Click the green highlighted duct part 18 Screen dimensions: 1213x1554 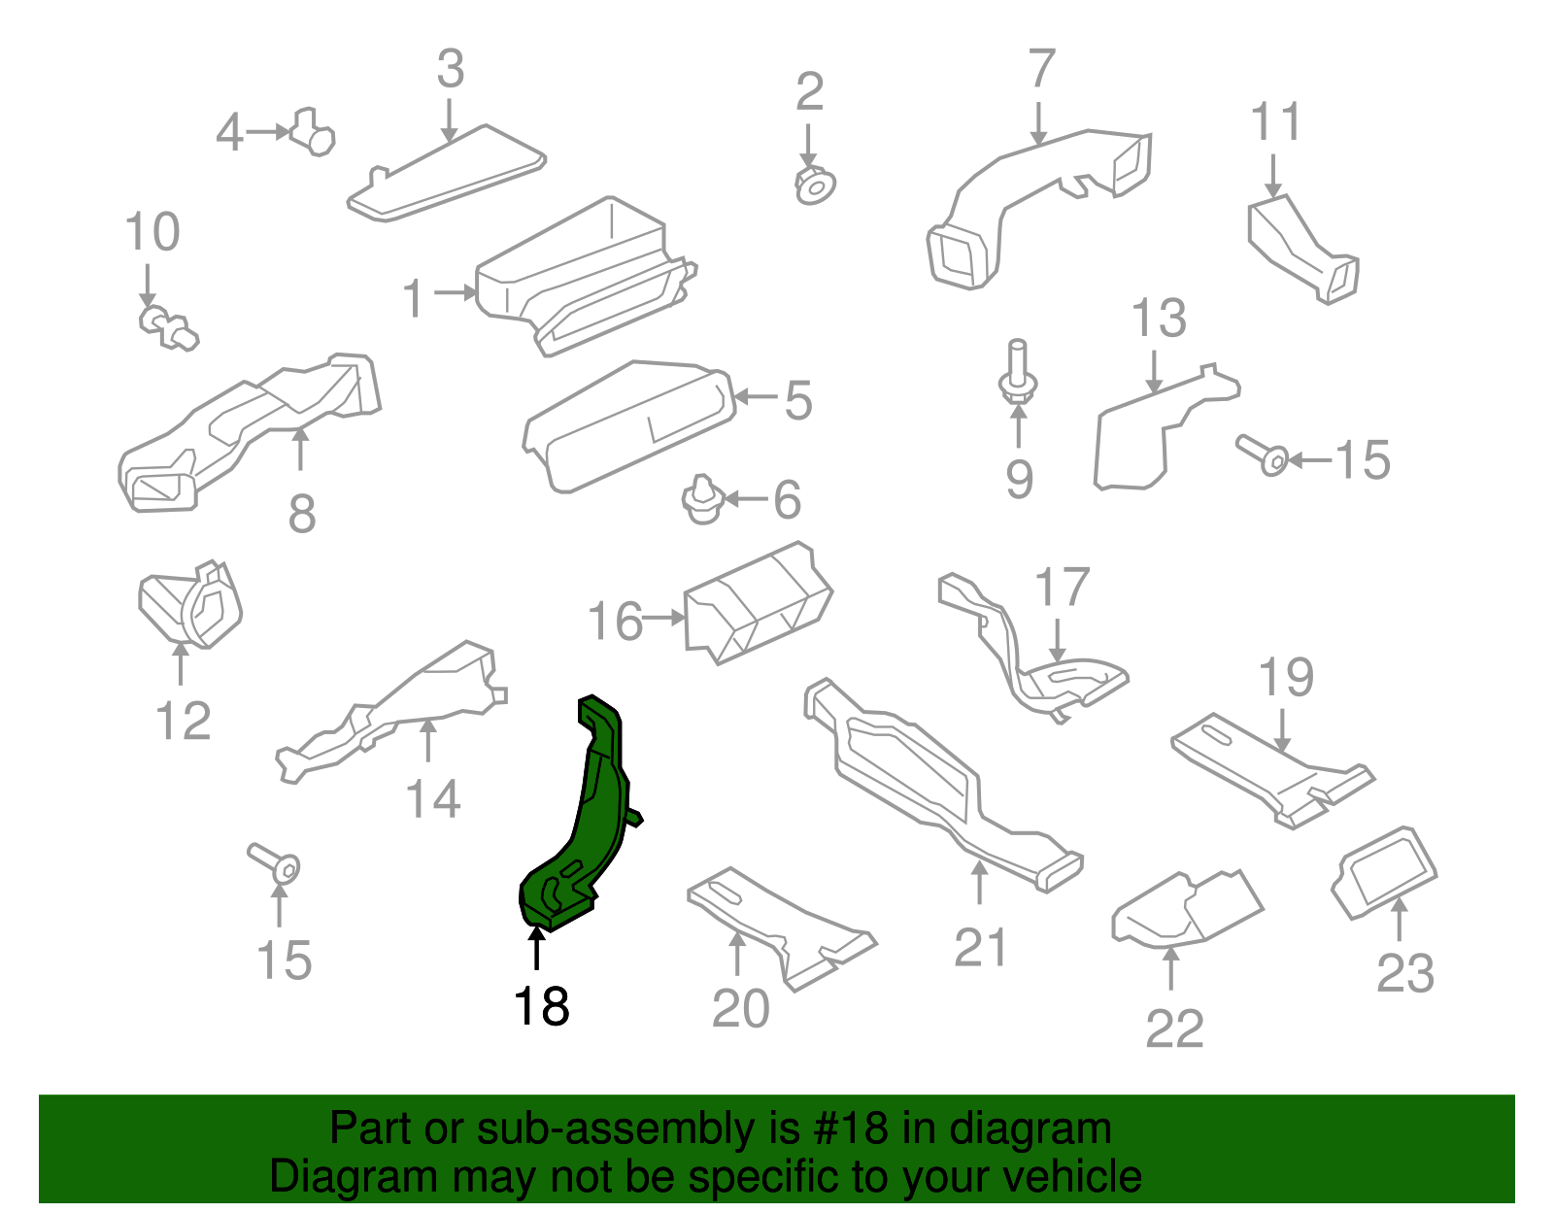594,816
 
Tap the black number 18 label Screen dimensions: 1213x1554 541,1006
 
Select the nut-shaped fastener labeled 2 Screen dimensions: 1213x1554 815,185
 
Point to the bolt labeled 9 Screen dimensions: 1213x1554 1017,374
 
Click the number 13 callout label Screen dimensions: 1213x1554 1159,319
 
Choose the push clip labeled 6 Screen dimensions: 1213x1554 702,499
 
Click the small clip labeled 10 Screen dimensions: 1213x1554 168,327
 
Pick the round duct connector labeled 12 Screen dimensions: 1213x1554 191,604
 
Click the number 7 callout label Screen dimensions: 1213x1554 1040,69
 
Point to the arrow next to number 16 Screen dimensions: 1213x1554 665,617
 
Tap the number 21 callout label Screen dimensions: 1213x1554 980,947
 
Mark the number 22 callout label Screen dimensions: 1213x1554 1173,1028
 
